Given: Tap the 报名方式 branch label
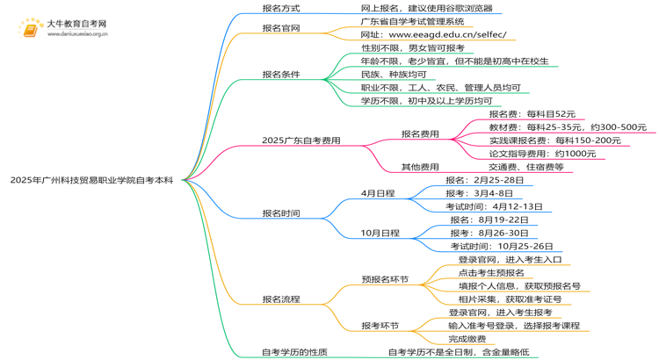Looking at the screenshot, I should (280, 8).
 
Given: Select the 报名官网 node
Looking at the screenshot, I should (280, 28).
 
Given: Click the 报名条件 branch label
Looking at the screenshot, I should (280, 75).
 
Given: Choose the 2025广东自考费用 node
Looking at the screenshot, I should (301, 140).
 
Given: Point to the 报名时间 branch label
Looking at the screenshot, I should (280, 213).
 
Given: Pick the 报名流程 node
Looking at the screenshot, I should (280, 299).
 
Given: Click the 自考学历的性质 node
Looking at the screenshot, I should (294, 352).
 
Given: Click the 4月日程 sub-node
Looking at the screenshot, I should (378, 193).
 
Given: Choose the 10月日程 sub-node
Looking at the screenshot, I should (380, 234).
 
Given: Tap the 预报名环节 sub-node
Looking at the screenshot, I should (385, 279).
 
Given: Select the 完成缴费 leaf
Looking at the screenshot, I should (467, 339).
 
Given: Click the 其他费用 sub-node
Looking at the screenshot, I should (420, 167).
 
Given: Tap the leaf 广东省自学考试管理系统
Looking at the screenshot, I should (412, 21).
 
